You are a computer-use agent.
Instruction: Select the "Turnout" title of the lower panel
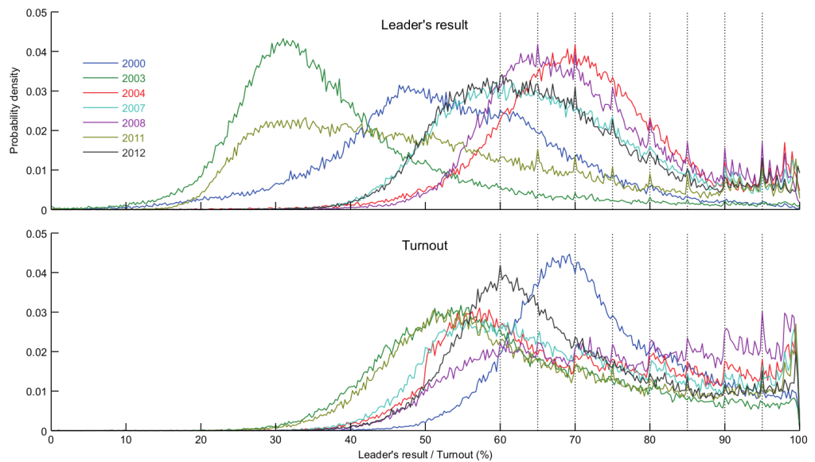(x=425, y=246)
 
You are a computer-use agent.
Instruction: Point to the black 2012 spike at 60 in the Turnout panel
(x=500, y=267)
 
